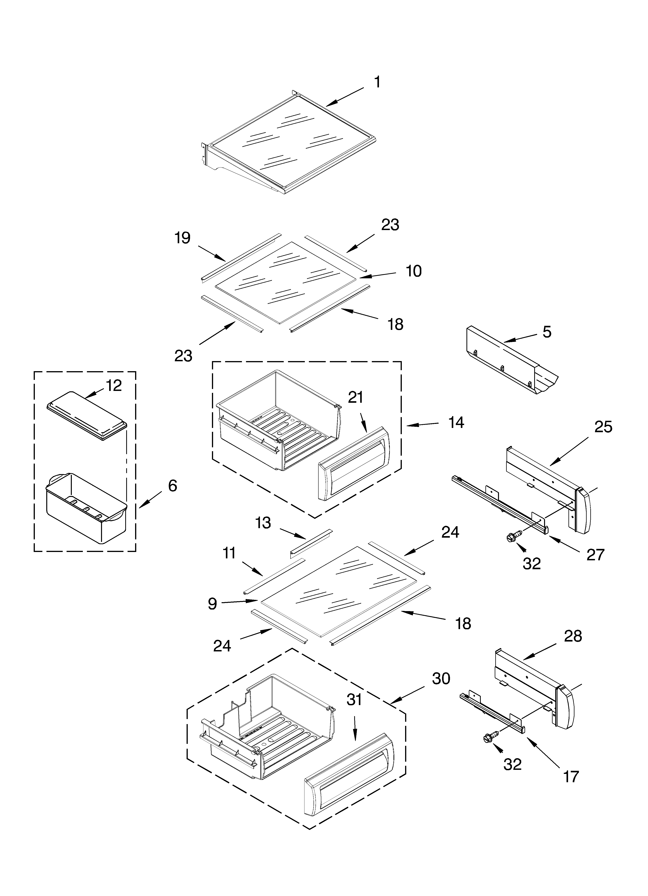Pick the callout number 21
[x=355, y=398]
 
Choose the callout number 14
[x=456, y=423]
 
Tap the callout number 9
[x=212, y=604]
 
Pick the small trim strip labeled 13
[x=311, y=542]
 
